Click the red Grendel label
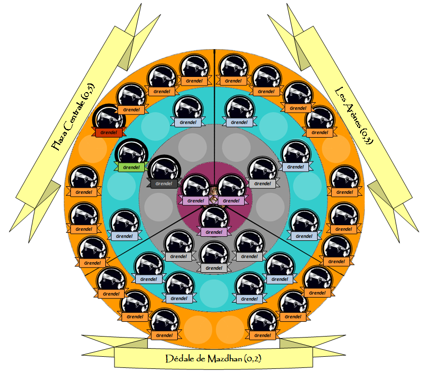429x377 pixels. tap(109, 133)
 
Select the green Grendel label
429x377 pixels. tap(131, 167)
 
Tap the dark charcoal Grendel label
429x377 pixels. tap(164, 183)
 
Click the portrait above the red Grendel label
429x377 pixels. tap(110, 117)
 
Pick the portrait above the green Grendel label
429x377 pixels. tap(131, 152)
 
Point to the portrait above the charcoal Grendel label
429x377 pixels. tap(164, 169)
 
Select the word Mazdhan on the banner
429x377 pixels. tap(224, 359)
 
